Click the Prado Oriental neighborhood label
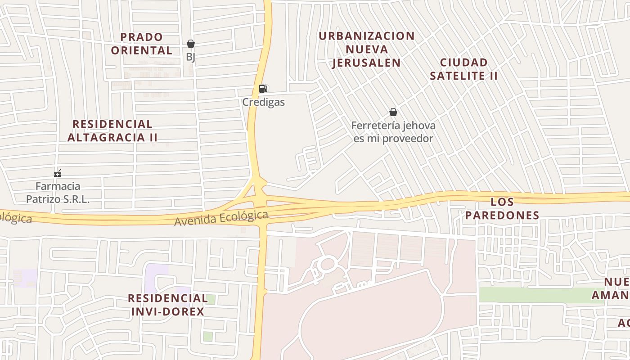142,43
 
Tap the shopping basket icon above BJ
191,44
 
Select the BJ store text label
191,57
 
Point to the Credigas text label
264,102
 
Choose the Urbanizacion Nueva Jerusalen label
367,49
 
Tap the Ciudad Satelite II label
464,69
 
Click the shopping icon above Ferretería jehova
393,112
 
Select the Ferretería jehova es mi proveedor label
393,132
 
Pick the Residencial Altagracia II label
112,130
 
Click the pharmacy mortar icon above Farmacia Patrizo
58,173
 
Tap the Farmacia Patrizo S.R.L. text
58,193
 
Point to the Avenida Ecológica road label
221,219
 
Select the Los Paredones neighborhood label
502,208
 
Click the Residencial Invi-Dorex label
168,305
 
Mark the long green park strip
540,295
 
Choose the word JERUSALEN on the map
367,63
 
